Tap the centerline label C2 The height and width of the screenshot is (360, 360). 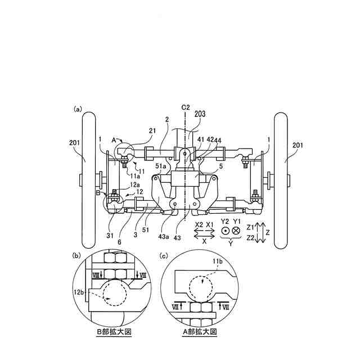click(x=186, y=106)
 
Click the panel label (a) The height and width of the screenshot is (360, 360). click(x=78, y=109)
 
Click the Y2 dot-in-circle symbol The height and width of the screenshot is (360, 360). click(x=226, y=231)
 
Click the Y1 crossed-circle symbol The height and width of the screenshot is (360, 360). click(x=236, y=231)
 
